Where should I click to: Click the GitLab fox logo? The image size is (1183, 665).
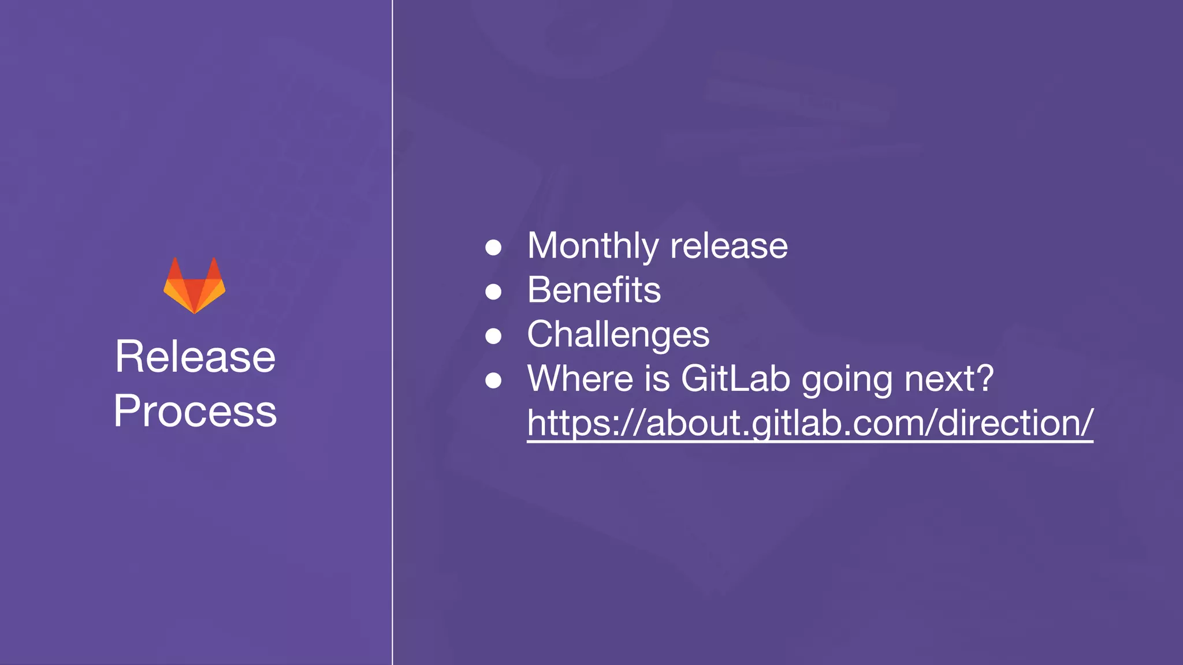click(195, 286)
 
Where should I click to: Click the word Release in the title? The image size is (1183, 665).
click(195, 357)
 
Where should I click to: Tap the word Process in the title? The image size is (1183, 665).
click(195, 411)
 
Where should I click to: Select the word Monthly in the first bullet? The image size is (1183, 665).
click(593, 246)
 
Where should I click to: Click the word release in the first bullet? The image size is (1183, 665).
click(729, 246)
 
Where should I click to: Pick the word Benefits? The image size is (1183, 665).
click(594, 290)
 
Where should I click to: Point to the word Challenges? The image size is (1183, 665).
click(618, 334)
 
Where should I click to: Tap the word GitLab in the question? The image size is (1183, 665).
click(735, 379)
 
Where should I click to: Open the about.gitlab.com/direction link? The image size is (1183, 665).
click(810, 423)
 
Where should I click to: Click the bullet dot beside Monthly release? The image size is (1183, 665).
click(493, 248)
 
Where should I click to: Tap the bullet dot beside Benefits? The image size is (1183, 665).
click(493, 292)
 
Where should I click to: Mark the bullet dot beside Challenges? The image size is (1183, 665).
click(493, 336)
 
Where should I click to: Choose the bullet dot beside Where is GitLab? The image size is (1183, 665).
click(493, 380)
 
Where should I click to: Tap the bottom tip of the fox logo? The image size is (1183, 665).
click(195, 311)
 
